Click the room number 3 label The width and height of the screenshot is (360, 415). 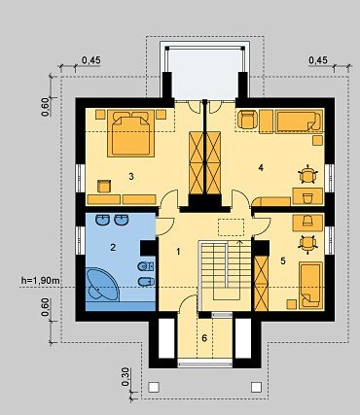pos(131,177)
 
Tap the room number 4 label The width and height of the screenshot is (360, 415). pos(261,167)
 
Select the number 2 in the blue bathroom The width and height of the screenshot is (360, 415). pos(113,248)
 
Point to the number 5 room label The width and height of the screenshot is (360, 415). pos(283,260)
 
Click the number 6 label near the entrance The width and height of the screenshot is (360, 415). pos(204,338)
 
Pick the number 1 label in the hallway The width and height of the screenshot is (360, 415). pos(178,252)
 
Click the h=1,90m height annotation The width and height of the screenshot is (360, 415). pos(41,281)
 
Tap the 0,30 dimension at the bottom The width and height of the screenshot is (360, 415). pos(126,377)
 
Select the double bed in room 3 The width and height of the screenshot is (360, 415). pos(130,133)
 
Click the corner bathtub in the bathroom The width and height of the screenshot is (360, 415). pos(103,284)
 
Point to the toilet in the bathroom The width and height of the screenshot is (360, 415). pos(146,266)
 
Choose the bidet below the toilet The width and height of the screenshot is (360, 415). pos(146,282)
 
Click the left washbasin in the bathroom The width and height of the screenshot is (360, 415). pos(103,220)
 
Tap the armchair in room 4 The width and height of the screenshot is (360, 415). pos(248,120)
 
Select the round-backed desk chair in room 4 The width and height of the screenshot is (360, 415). pos(307,175)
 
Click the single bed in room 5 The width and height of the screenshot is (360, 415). pos(310,285)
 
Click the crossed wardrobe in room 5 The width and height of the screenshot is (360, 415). pos(262,284)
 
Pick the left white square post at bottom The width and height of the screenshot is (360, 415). pos(154,387)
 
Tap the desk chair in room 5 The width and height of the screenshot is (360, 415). pos(307,243)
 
